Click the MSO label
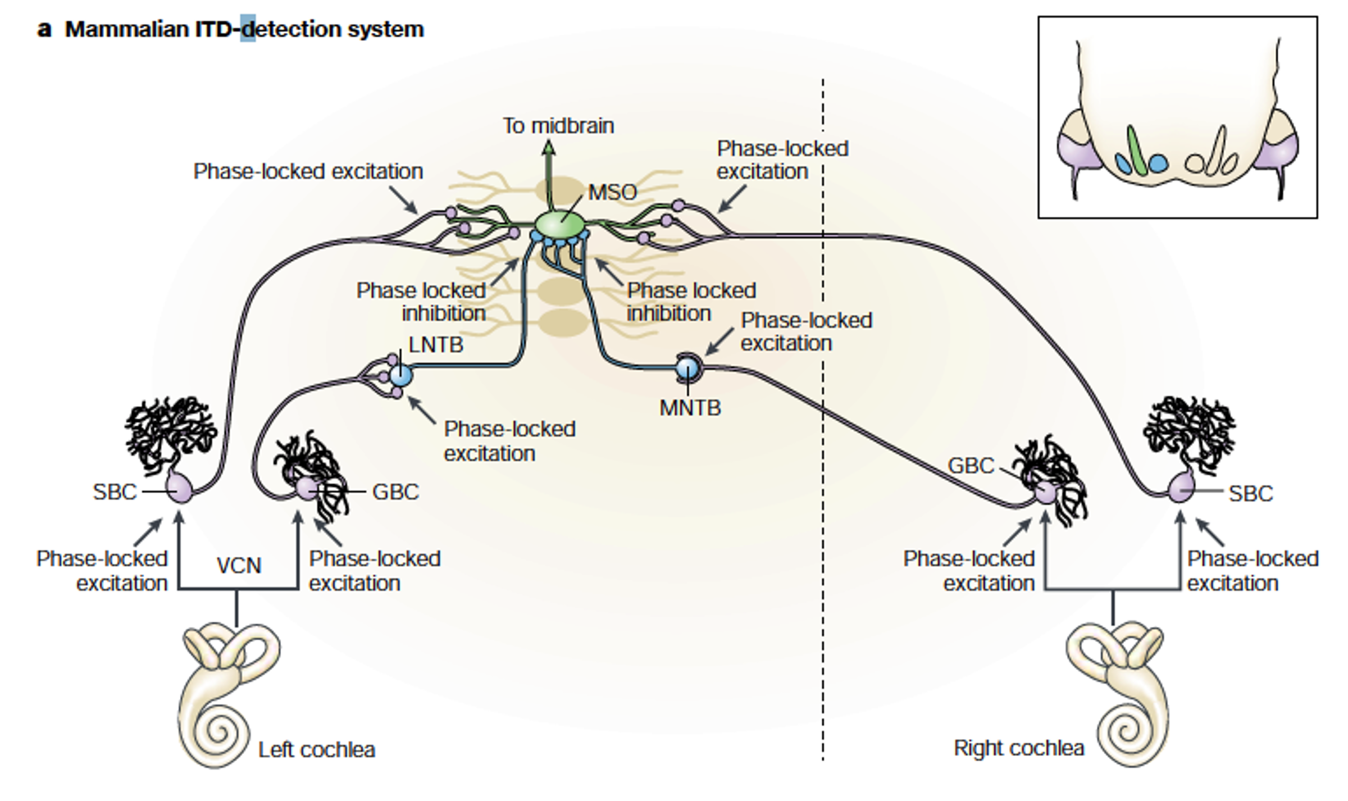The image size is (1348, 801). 612,193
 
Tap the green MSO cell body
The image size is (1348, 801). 559,225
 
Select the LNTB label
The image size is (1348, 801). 436,344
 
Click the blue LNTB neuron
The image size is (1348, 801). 401,375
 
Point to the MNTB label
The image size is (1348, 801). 690,408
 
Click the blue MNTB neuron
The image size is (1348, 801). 687,368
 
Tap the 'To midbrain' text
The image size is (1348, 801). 558,126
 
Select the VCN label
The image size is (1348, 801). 239,566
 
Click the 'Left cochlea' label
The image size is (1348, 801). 316,750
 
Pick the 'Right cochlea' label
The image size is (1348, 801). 1019,748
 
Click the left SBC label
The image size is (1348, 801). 115,492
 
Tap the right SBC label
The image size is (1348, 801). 1250,494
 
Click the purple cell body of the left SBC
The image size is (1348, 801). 180,488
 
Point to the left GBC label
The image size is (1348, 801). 395,492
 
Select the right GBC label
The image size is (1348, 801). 971,466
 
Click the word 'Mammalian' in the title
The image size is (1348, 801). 127,29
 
